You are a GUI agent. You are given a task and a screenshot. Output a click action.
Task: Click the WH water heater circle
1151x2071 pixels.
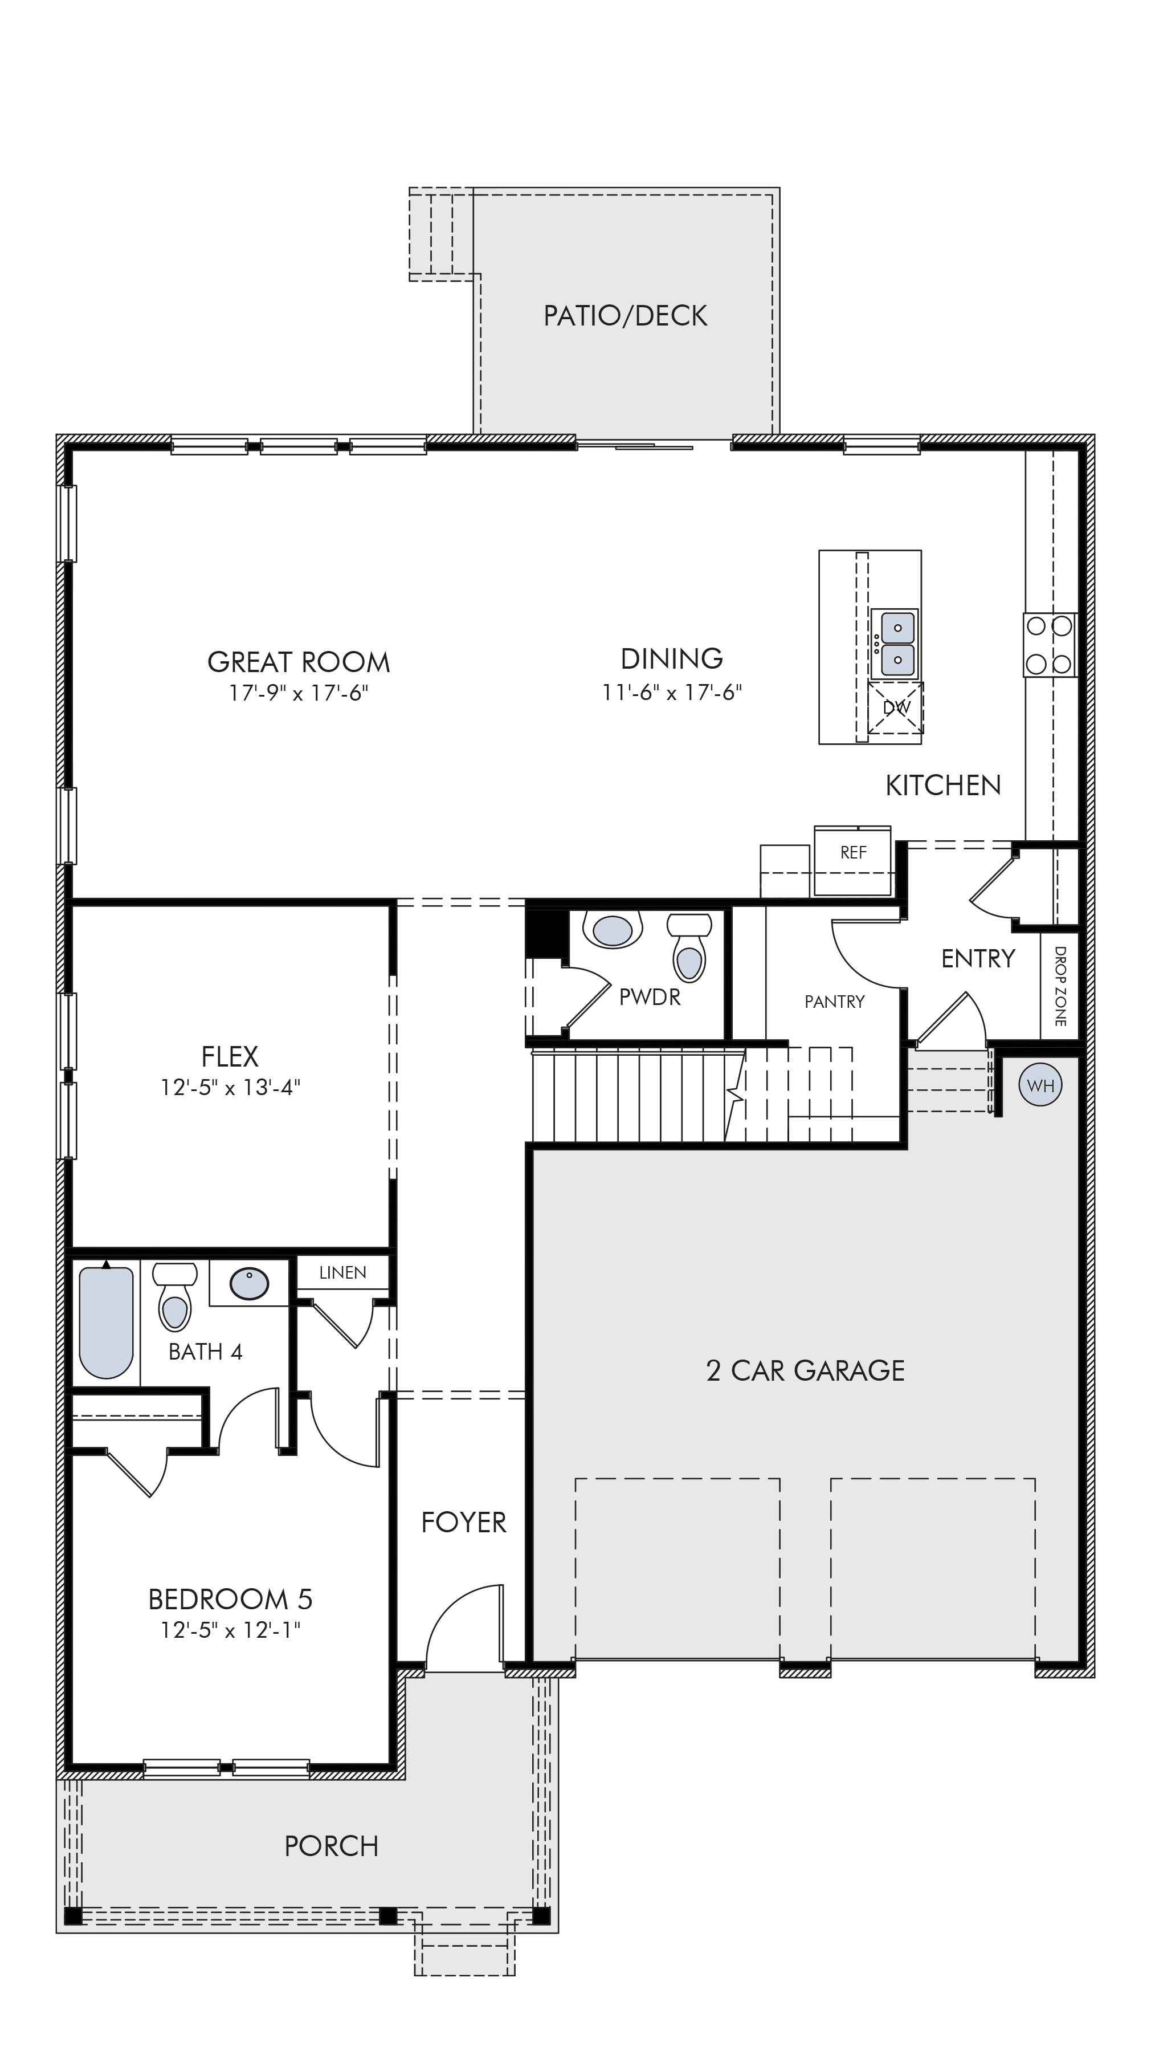coord(1040,1086)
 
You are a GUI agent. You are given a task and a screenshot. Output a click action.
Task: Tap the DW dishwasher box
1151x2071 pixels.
coord(895,707)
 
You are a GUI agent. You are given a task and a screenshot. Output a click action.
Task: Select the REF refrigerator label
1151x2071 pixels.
coord(853,852)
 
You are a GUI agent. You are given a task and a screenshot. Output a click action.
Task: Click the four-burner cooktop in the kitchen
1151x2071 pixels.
coord(1050,645)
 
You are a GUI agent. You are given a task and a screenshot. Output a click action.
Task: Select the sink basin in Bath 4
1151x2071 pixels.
coord(249,1284)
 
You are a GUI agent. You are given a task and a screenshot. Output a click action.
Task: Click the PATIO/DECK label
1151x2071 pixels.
coord(625,316)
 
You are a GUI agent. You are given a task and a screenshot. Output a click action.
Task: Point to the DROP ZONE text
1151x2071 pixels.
coord(1059,986)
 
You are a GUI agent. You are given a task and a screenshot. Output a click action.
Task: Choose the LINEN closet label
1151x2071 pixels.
coord(342,1273)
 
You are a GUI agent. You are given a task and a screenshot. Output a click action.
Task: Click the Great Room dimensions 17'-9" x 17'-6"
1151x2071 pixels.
coord(298,693)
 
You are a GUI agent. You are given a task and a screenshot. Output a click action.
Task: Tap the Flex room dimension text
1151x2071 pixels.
coord(230,1088)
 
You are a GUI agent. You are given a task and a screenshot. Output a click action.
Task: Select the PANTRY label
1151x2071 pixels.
coord(834,1002)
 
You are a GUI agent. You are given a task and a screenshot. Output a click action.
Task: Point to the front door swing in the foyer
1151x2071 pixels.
coord(450,1608)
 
